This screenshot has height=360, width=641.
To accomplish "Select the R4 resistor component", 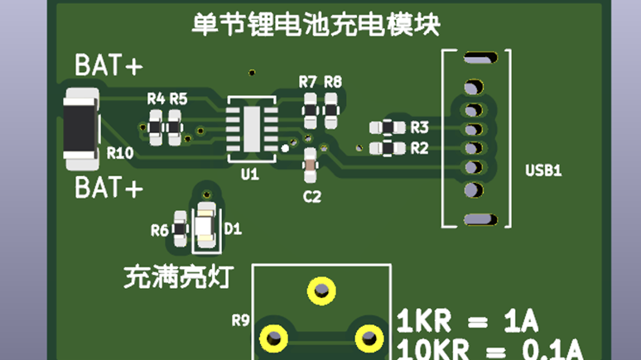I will pos(156,127).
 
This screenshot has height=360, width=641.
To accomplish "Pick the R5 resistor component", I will pos(175,127).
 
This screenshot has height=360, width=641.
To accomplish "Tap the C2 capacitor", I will pos(311,166).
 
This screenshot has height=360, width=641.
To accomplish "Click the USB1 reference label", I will pos(543,171).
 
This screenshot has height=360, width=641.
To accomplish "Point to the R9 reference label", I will pos(240,319).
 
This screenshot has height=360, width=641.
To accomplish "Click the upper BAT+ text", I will pos(108,65).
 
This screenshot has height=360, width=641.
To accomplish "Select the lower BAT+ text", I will pos(108,188).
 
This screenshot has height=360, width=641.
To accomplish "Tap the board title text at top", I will pos(316,24).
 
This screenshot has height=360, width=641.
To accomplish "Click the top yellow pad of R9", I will pos(320,290).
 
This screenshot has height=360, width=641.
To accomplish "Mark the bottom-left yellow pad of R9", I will pos(272,338).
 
